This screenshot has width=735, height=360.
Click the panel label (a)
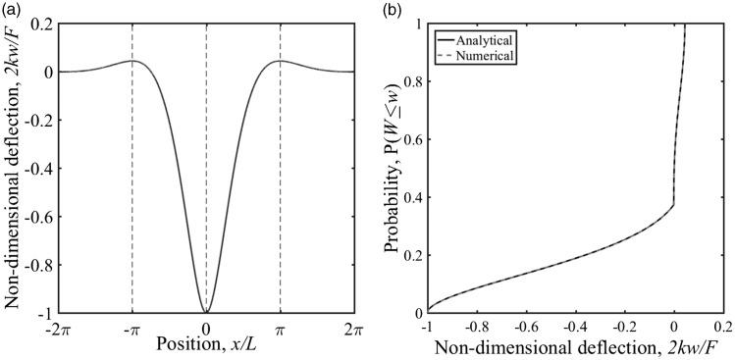point(11,8)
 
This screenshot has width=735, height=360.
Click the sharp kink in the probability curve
point(673,204)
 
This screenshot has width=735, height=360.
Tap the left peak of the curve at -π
point(131,61)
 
